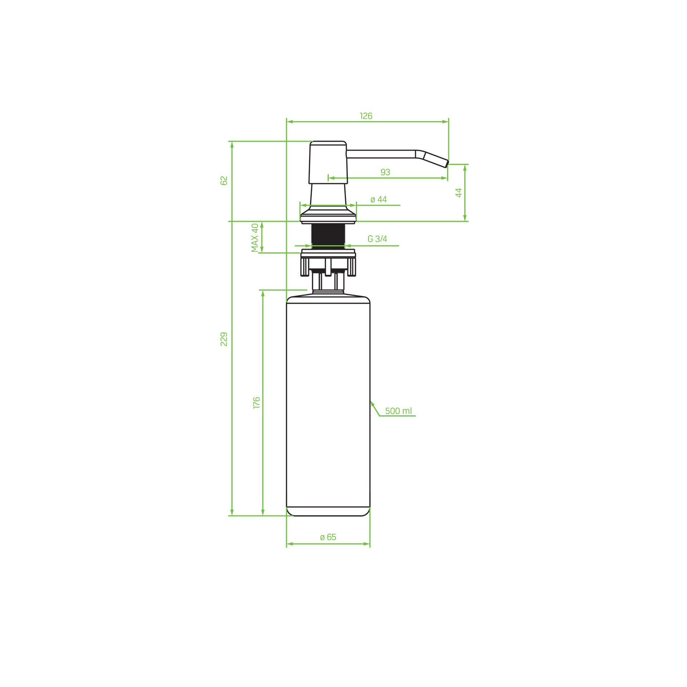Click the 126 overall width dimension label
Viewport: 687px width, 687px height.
(x=366, y=116)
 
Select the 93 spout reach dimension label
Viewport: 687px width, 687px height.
(x=385, y=172)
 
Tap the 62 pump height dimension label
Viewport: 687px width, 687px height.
(x=224, y=181)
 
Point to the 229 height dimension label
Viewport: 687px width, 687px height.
(x=224, y=339)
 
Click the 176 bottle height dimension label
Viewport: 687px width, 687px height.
(x=257, y=403)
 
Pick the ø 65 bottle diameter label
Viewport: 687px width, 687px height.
(x=328, y=537)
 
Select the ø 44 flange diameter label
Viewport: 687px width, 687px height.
(x=379, y=199)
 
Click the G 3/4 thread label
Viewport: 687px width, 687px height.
(x=377, y=239)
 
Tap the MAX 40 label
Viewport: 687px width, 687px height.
(x=255, y=238)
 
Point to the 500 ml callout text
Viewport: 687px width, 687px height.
(x=399, y=411)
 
